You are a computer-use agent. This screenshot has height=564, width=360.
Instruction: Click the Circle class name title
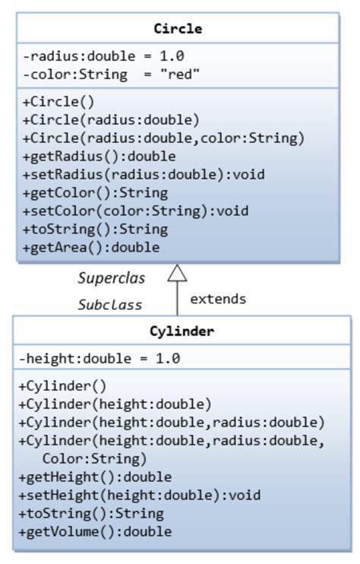[x=178, y=30]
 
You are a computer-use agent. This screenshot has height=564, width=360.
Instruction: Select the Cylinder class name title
[x=182, y=331]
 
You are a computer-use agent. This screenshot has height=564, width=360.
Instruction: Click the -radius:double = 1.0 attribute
[x=103, y=56]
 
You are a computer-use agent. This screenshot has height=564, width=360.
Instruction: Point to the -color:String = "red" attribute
[x=111, y=74]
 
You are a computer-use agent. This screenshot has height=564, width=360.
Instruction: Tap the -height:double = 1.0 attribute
[x=99, y=359]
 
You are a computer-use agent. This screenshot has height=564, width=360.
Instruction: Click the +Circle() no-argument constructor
[x=58, y=102]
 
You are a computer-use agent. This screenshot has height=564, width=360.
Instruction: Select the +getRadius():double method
[x=99, y=157]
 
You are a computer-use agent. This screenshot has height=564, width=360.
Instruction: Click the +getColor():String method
[x=95, y=193]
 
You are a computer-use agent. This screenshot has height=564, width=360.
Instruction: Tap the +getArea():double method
[x=91, y=248]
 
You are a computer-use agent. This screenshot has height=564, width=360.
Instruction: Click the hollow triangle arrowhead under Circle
[x=177, y=273]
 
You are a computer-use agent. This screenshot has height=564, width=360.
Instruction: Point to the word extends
[x=218, y=299]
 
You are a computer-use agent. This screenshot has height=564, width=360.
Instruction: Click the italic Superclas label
[x=112, y=278]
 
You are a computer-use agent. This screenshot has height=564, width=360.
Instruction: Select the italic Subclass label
[x=110, y=305]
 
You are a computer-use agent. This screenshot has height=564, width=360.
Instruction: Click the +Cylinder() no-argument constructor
[x=62, y=386]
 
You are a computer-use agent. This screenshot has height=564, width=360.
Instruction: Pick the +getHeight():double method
[x=95, y=477]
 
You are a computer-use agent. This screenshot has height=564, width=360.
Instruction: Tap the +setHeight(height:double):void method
[x=139, y=496]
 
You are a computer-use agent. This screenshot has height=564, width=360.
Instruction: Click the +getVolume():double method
[x=95, y=532]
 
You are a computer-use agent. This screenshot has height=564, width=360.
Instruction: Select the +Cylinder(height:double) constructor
[x=115, y=404]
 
